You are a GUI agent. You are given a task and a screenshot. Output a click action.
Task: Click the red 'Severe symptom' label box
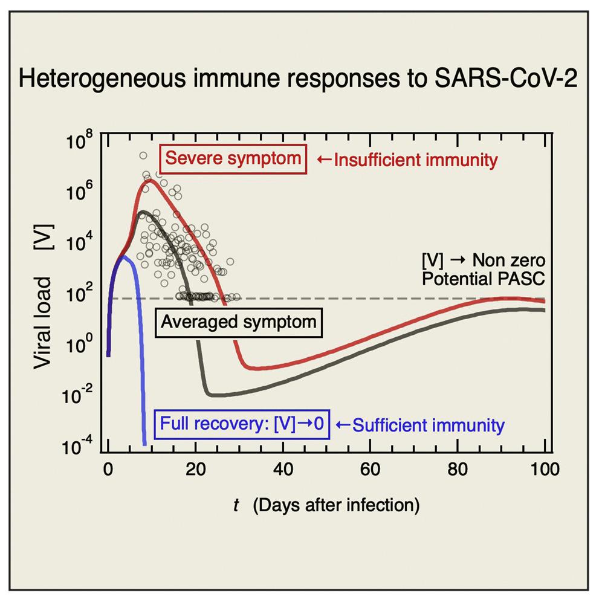point(233,160)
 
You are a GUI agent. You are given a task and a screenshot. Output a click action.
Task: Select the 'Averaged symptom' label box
point(238,321)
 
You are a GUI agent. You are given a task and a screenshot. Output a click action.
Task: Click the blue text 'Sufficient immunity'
point(419,426)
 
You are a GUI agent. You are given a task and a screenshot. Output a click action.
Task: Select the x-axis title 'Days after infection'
point(337,505)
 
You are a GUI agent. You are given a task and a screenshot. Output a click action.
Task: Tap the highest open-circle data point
point(143,156)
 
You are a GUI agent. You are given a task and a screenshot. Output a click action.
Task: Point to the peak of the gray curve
point(143,212)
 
